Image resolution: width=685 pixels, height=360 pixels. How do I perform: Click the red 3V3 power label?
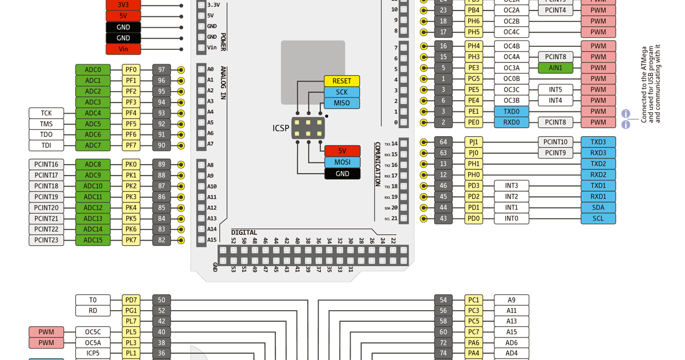[123, 5]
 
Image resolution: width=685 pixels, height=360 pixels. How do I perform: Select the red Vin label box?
[123, 49]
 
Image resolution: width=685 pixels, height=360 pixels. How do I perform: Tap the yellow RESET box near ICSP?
[342, 81]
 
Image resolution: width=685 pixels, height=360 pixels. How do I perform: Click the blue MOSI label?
[342, 162]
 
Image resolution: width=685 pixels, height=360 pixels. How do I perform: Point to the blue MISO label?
[342, 103]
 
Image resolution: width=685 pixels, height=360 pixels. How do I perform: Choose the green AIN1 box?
[555, 68]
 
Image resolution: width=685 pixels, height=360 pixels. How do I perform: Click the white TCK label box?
[46, 113]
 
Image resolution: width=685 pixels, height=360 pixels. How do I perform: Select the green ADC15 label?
[93, 240]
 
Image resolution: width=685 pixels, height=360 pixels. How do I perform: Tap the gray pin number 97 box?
[161, 70]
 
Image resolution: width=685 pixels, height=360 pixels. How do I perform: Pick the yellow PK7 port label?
[131, 240]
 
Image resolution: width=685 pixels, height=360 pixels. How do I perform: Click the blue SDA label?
[598, 208]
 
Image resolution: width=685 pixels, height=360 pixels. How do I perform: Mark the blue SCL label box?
[598, 219]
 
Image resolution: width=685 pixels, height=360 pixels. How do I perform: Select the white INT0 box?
[511, 219]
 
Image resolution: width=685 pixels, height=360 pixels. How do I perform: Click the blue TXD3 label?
[598, 142]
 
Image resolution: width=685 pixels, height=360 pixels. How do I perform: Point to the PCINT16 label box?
[46, 165]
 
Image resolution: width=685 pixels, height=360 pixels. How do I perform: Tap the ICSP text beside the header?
[281, 128]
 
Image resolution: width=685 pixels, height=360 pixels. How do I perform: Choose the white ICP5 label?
[93, 353]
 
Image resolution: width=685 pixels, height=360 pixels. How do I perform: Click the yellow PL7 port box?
[131, 321]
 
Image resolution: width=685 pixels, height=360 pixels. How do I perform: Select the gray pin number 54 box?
[443, 300]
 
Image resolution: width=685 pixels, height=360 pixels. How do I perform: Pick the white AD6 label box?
[511, 343]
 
